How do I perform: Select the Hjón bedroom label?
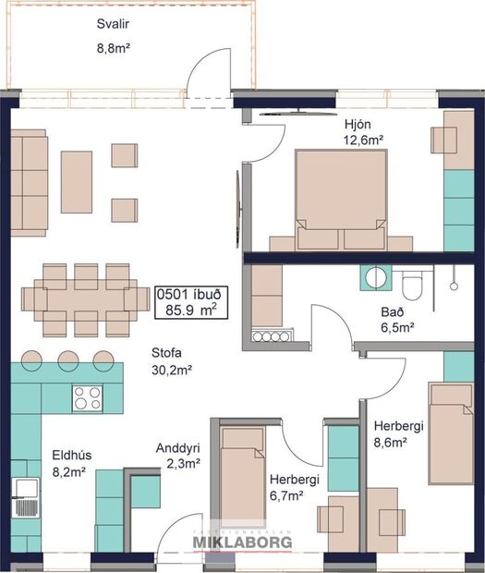click(x=357, y=125)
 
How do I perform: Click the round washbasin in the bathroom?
click(x=377, y=277)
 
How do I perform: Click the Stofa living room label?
click(x=169, y=353)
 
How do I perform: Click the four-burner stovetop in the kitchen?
click(x=89, y=398)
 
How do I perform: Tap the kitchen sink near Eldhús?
click(x=25, y=498)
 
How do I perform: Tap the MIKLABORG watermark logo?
click(x=241, y=541)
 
